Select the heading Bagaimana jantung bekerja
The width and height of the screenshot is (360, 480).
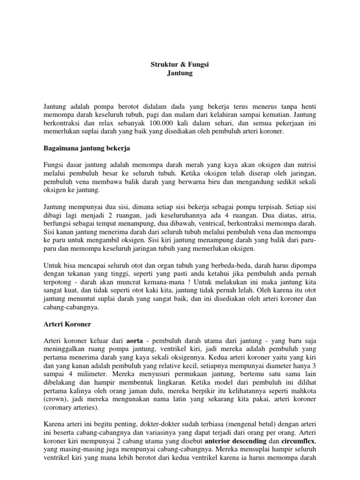(x=86, y=148)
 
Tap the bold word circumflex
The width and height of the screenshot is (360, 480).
(x=299, y=442)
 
